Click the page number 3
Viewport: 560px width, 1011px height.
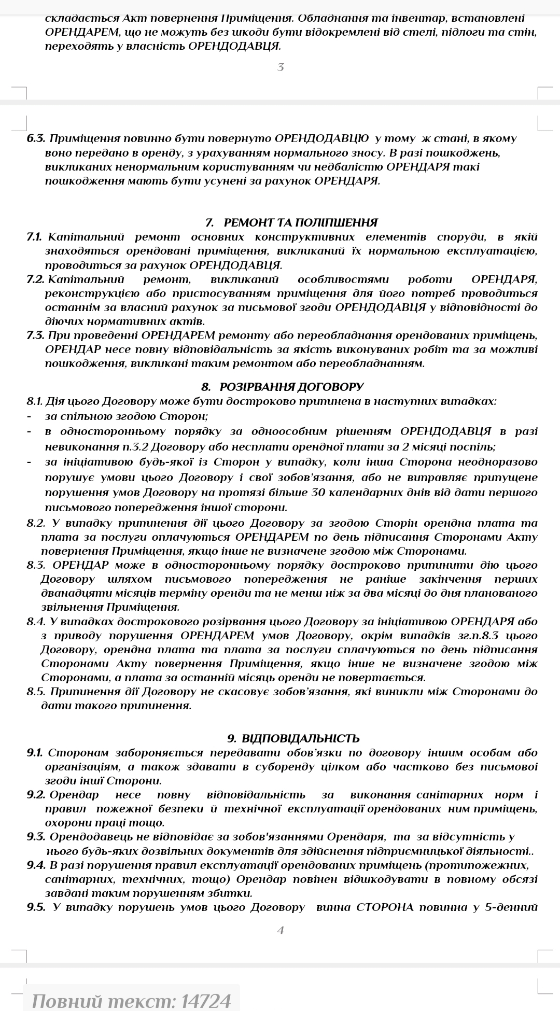[281, 67]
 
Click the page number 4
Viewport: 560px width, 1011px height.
[281, 930]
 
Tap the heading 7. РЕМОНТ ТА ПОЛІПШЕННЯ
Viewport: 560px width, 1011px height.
[291, 223]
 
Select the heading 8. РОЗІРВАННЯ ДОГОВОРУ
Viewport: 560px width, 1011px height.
[282, 387]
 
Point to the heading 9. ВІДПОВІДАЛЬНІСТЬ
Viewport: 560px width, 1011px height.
[293, 738]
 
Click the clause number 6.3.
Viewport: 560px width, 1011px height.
[36, 139]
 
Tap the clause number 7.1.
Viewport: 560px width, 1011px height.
[34, 237]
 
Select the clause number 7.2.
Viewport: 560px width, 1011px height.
[35, 280]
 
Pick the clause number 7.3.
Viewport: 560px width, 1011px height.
[35, 335]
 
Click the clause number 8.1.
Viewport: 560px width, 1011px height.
[34, 401]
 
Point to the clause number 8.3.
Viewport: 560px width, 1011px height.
[35, 565]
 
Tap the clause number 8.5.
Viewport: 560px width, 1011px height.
[35, 692]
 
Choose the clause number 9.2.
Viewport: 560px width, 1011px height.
[36, 795]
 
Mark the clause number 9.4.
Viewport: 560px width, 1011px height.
[36, 865]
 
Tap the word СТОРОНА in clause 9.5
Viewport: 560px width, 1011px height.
[385, 907]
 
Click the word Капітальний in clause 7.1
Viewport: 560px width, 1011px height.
[86, 237]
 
